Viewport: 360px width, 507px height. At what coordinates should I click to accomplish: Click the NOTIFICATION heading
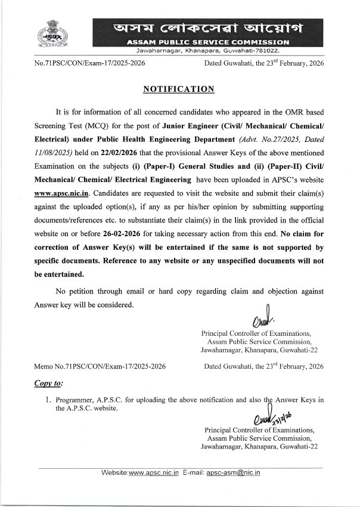point(179,89)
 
